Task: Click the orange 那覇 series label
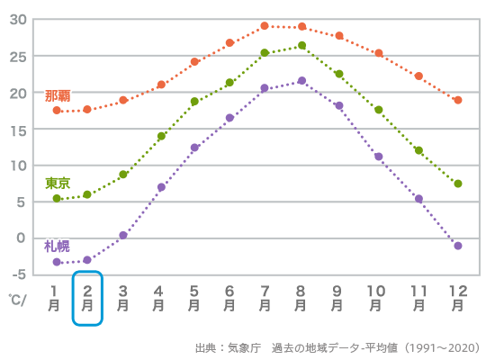pos(58,95)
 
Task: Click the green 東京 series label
pos(58,183)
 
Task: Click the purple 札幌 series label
pos(57,246)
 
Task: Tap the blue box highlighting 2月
pos(87,298)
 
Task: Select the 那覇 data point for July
pos(265,26)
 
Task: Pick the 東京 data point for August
pos(301,45)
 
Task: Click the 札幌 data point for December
pos(458,246)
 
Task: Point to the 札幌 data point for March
pos(123,235)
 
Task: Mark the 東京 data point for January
pos(57,198)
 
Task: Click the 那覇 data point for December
pos(458,100)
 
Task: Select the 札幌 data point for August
pos(301,81)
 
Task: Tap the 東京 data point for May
pos(194,102)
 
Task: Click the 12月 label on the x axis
pos(458,298)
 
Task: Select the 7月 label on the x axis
pos(265,298)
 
